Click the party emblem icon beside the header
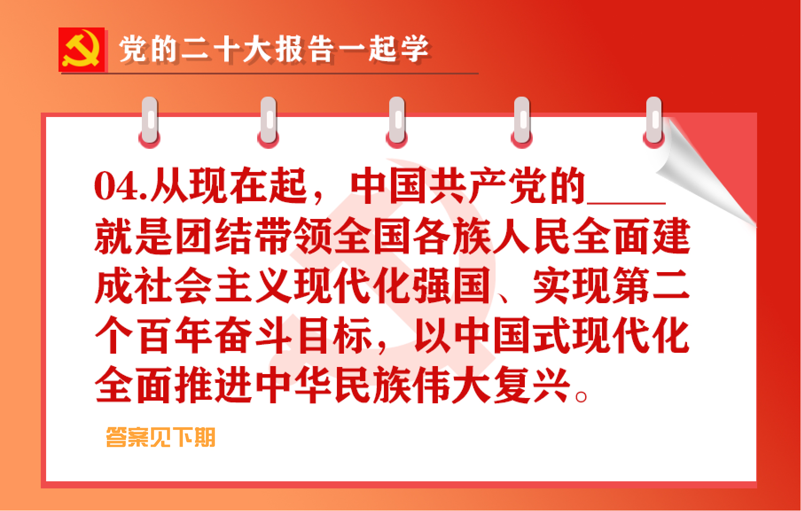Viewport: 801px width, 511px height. tap(82, 50)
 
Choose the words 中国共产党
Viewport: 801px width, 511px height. tap(447, 187)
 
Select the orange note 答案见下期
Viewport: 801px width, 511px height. tap(160, 437)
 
